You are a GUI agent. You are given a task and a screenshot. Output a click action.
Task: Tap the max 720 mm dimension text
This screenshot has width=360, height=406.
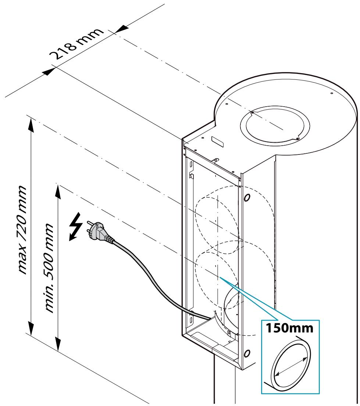pyautogui.click(x=22, y=230)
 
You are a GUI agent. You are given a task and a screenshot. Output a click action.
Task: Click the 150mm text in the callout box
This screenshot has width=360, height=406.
pyautogui.click(x=289, y=328)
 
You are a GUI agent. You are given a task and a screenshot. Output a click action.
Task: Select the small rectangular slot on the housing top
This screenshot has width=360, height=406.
pyautogui.click(x=217, y=142)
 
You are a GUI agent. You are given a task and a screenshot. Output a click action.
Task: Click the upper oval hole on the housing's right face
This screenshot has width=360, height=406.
pyautogui.click(x=247, y=197)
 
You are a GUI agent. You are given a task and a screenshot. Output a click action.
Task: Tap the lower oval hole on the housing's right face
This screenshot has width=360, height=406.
pyautogui.click(x=247, y=353)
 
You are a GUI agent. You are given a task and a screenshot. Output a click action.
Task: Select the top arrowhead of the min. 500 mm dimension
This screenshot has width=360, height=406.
pyautogui.click(x=58, y=192)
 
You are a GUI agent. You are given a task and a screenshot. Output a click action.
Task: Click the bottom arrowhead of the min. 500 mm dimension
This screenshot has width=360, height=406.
pyautogui.click(x=58, y=343)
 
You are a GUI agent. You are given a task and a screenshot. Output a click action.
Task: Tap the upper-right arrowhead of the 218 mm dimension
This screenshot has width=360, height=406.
pyautogui.click(x=121, y=29)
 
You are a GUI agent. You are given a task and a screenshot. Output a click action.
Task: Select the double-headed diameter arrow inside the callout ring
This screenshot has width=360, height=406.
pyautogui.click(x=291, y=366)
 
